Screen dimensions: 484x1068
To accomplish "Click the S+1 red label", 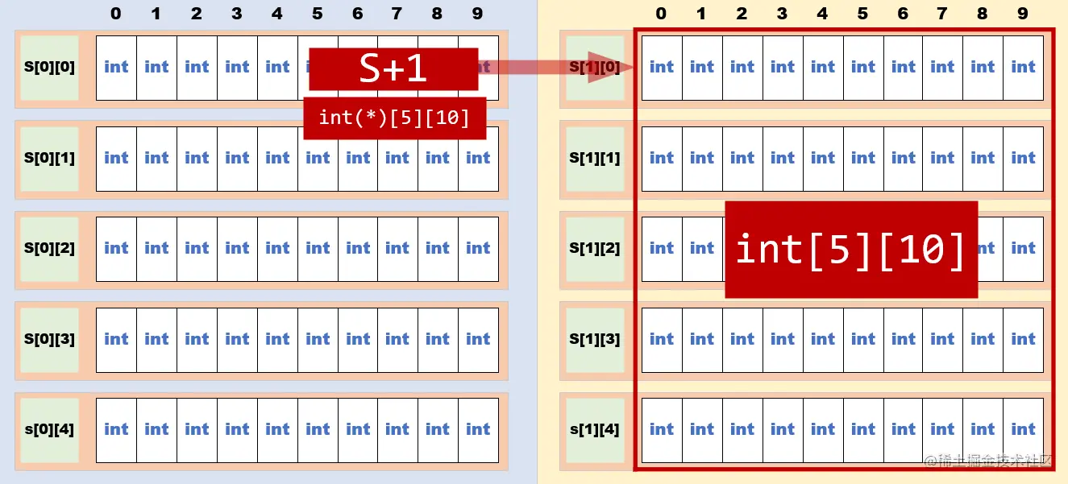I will (x=393, y=68).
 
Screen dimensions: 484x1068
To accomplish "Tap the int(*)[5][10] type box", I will (x=394, y=118).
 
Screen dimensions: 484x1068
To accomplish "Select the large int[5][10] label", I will (x=851, y=249).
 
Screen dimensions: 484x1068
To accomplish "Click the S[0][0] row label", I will (x=49, y=68).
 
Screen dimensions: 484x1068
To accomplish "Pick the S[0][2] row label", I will (x=49, y=248).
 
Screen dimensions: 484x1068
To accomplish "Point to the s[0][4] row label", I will (x=49, y=429).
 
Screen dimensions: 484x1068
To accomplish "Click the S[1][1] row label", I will (x=595, y=158).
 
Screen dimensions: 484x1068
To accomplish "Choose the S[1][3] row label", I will (x=595, y=339).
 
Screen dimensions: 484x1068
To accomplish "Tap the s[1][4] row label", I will (x=595, y=429).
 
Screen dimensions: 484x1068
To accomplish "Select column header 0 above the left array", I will (x=116, y=14).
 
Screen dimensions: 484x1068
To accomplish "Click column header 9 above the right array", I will (x=1023, y=14).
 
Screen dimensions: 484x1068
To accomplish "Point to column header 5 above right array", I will (x=862, y=14).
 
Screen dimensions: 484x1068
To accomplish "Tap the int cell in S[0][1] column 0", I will (x=116, y=158).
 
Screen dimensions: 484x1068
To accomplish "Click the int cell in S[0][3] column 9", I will (x=478, y=339).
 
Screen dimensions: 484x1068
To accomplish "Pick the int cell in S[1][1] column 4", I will (x=822, y=158).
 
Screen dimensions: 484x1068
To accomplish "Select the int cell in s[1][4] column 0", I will (x=662, y=429).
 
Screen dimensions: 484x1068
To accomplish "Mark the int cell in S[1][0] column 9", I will (x=1023, y=68).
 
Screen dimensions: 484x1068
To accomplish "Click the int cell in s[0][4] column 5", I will (x=318, y=429).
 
